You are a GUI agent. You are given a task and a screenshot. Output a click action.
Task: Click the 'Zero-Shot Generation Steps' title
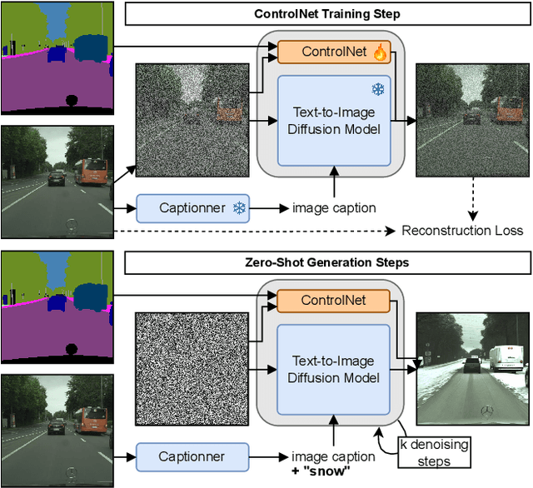[327, 263]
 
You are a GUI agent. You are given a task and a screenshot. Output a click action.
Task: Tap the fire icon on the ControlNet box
[381, 53]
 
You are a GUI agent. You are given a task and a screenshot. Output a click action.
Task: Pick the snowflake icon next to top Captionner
[240, 207]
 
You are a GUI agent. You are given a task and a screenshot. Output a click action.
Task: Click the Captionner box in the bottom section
[192, 456]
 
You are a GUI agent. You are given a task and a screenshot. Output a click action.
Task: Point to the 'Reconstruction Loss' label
[462, 230]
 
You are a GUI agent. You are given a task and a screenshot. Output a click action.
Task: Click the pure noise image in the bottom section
[192, 368]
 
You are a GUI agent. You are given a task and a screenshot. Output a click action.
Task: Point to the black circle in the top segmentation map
[72, 100]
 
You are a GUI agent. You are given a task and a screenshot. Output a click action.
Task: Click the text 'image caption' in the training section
[333, 207]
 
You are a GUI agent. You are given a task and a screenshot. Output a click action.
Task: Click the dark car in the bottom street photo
[57, 426]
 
